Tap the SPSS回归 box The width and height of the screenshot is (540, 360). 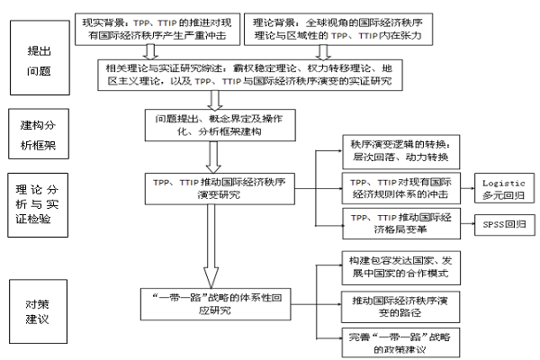[505, 222]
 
